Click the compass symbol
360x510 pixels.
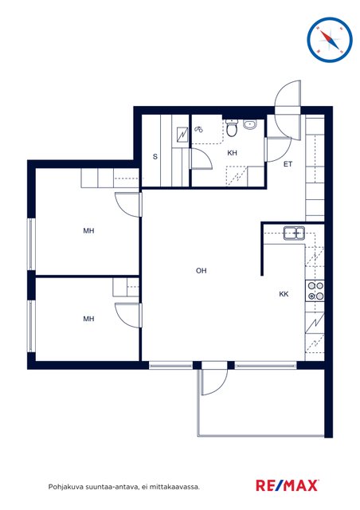[330, 40]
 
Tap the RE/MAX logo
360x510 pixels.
[288, 485]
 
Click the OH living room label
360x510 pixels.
[201, 271]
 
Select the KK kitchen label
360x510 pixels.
[284, 294]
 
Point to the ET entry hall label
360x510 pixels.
[288, 164]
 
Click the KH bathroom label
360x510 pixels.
[233, 153]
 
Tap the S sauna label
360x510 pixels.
[155, 156]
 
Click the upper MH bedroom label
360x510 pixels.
[88, 230]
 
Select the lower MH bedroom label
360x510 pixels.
[88, 319]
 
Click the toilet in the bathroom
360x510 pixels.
[232, 127]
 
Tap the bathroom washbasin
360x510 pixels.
[250, 124]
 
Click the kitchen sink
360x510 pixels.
[294, 233]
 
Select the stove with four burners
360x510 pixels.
[315, 291]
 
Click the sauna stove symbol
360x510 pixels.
[182, 135]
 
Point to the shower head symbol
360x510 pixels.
[198, 129]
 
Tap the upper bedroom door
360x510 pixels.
[128, 205]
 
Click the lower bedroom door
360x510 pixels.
[128, 316]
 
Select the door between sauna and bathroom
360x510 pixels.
[201, 159]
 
